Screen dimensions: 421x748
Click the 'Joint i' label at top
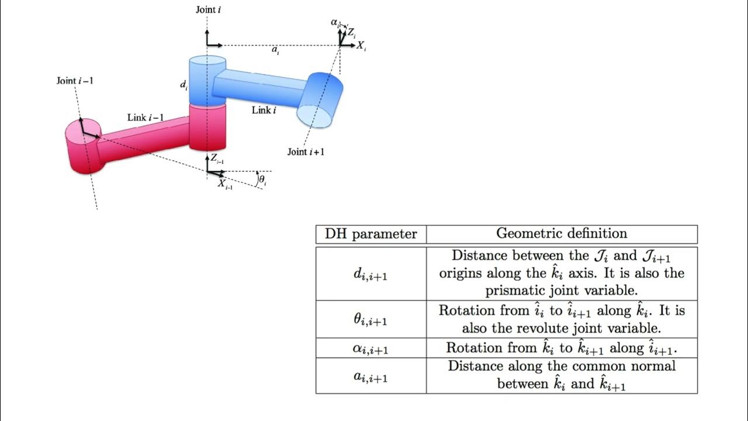click(208, 9)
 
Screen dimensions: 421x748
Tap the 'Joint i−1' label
click(74, 81)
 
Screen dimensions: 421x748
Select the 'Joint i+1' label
click(306, 152)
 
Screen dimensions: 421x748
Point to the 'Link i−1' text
click(146, 118)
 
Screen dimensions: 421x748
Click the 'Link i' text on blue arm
click(264, 110)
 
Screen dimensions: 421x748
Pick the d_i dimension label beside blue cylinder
click(183, 85)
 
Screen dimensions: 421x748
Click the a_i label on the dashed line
click(275, 51)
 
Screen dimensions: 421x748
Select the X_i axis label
click(361, 45)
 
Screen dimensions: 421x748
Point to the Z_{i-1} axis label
click(217, 158)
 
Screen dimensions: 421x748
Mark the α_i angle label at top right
click(335, 22)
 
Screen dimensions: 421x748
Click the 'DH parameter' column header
click(371, 234)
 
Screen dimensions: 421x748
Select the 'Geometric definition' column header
click(562, 233)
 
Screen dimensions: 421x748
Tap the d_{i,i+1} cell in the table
click(371, 274)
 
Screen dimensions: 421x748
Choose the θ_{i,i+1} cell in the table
click(371, 320)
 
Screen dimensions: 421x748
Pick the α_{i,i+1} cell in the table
click(371, 348)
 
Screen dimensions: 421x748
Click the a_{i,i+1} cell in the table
click(371, 377)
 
